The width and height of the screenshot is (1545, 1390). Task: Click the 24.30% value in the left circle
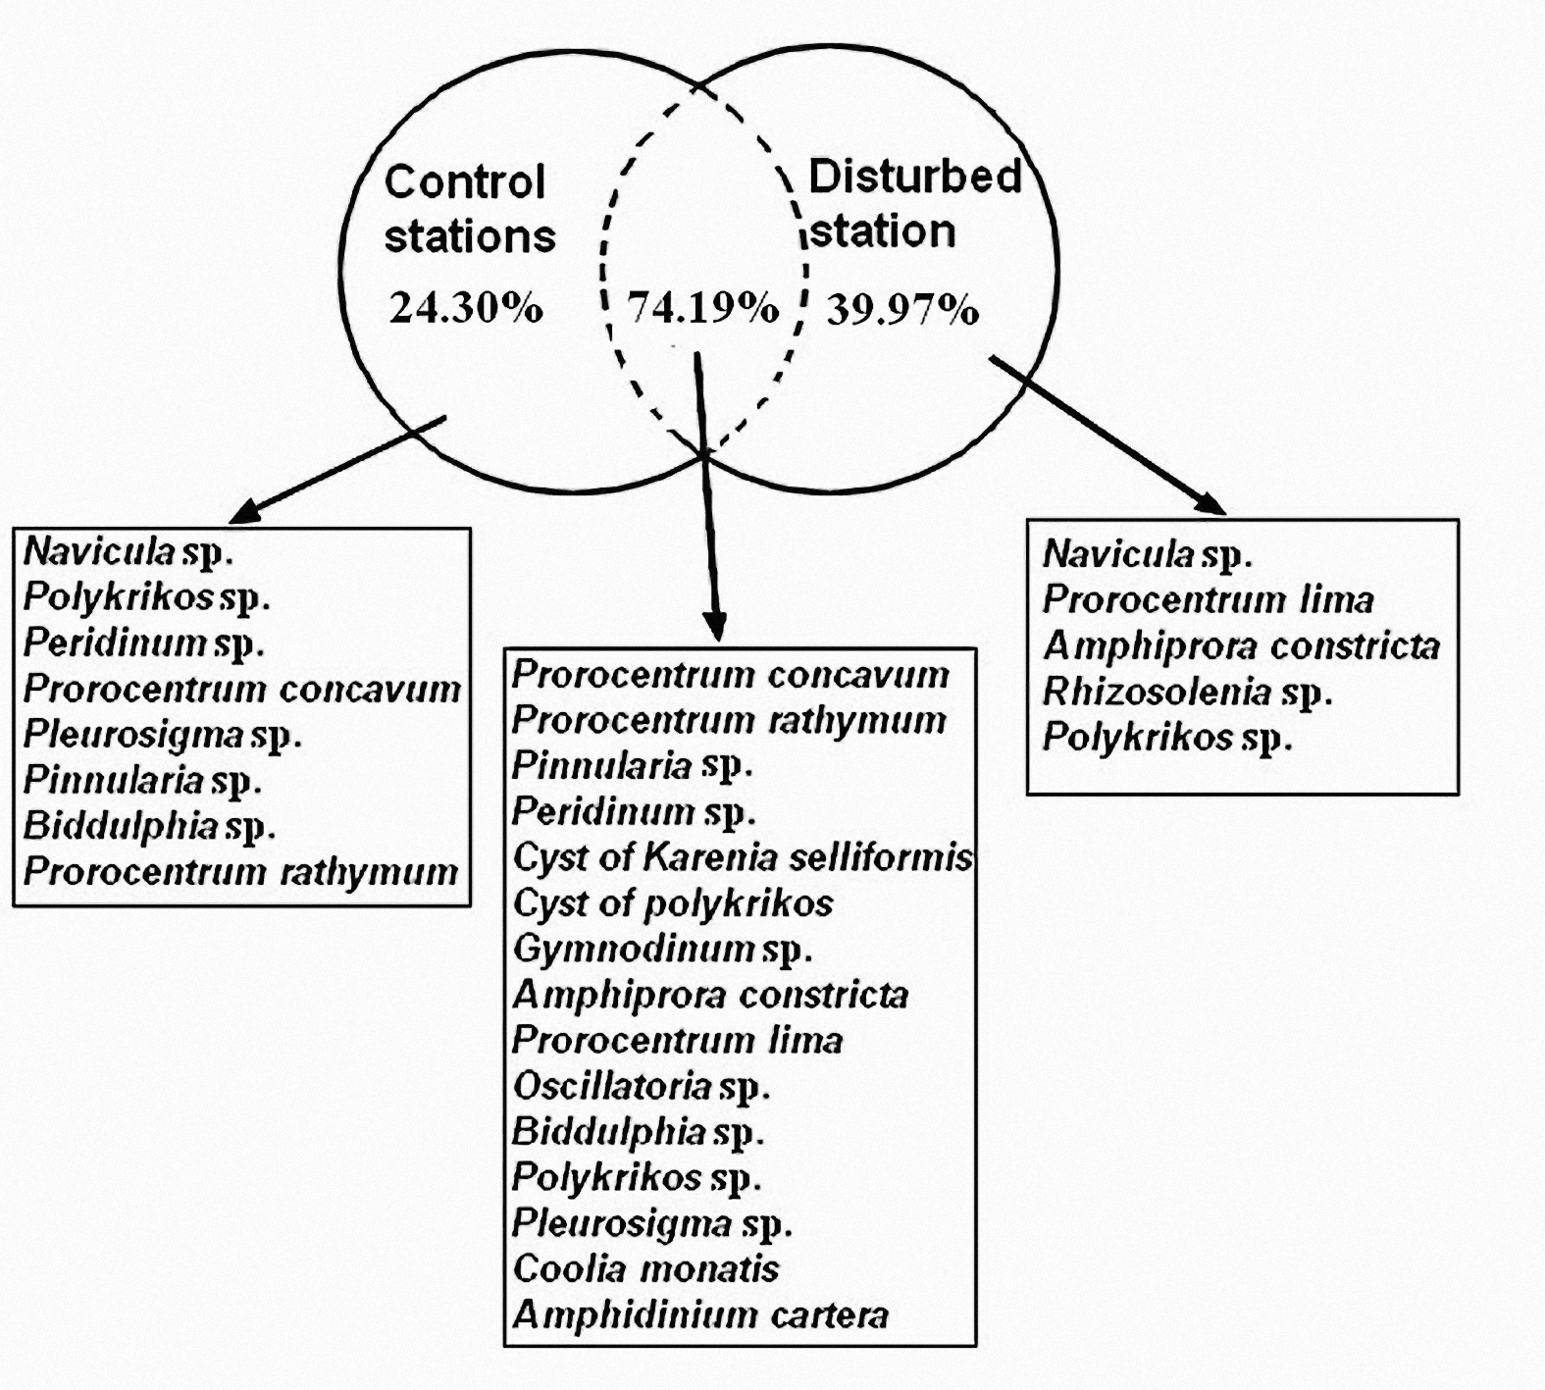[466, 308]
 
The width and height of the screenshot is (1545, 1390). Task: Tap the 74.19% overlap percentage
[703, 308]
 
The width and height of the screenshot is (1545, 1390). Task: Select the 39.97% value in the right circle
[902, 310]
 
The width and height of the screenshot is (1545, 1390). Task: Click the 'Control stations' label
[469, 209]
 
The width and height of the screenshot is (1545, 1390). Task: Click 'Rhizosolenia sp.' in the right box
[1188, 693]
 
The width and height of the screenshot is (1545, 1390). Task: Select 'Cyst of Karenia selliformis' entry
[743, 857]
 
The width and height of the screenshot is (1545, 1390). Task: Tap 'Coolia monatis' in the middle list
[645, 1268]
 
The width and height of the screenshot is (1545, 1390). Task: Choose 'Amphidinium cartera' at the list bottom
[700, 1314]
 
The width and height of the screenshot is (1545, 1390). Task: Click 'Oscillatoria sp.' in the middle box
[642, 1086]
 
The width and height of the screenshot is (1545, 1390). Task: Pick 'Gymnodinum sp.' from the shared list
[663, 949]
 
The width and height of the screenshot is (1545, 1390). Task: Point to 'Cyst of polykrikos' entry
[673, 902]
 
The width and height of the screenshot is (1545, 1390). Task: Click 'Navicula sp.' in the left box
[129, 552]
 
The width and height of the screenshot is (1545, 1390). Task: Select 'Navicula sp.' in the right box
[1148, 554]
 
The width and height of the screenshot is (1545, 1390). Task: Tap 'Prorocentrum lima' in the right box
[1208, 599]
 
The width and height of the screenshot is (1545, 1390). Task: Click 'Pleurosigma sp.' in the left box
[163, 736]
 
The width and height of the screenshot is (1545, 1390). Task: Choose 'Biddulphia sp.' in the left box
[149, 825]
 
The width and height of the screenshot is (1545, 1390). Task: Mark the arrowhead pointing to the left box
[244, 509]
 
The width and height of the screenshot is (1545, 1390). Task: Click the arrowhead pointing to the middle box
[716, 624]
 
